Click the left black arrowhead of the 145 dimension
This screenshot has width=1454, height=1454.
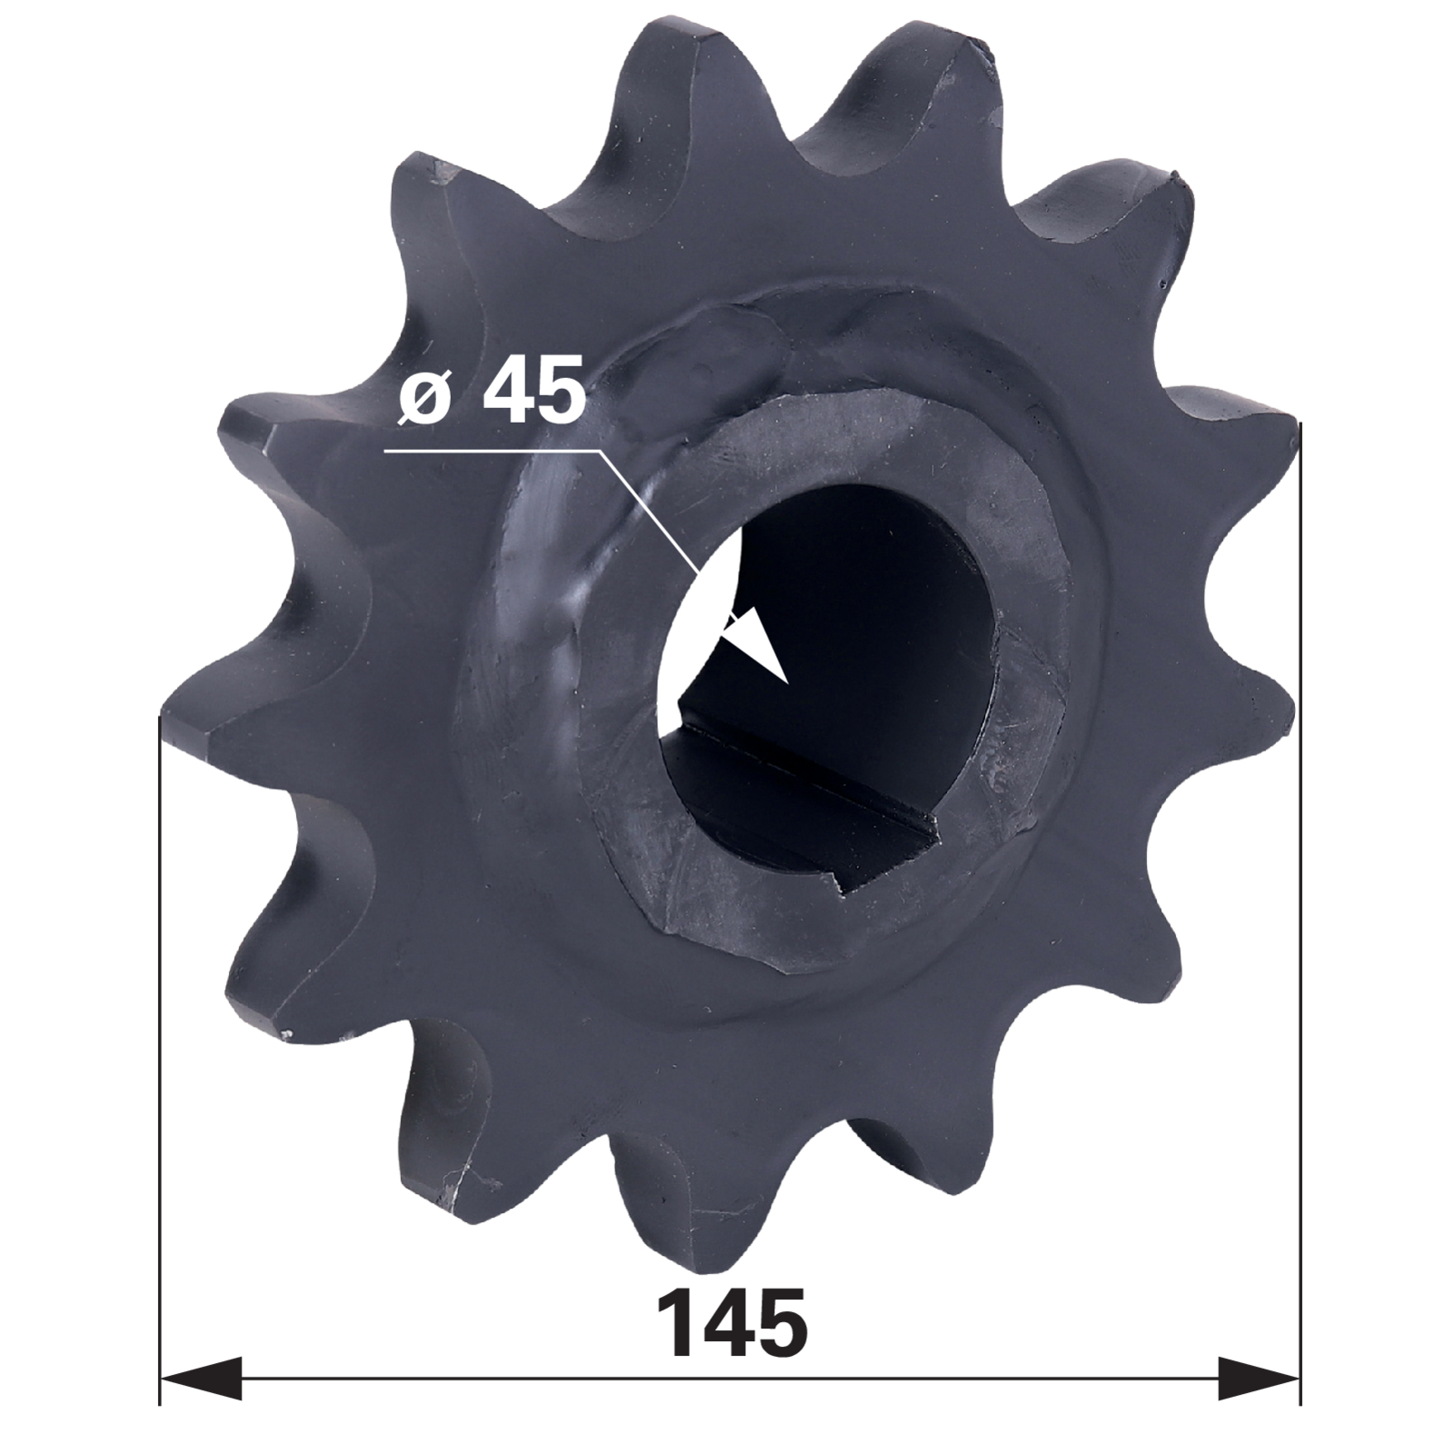tap(202, 1378)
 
